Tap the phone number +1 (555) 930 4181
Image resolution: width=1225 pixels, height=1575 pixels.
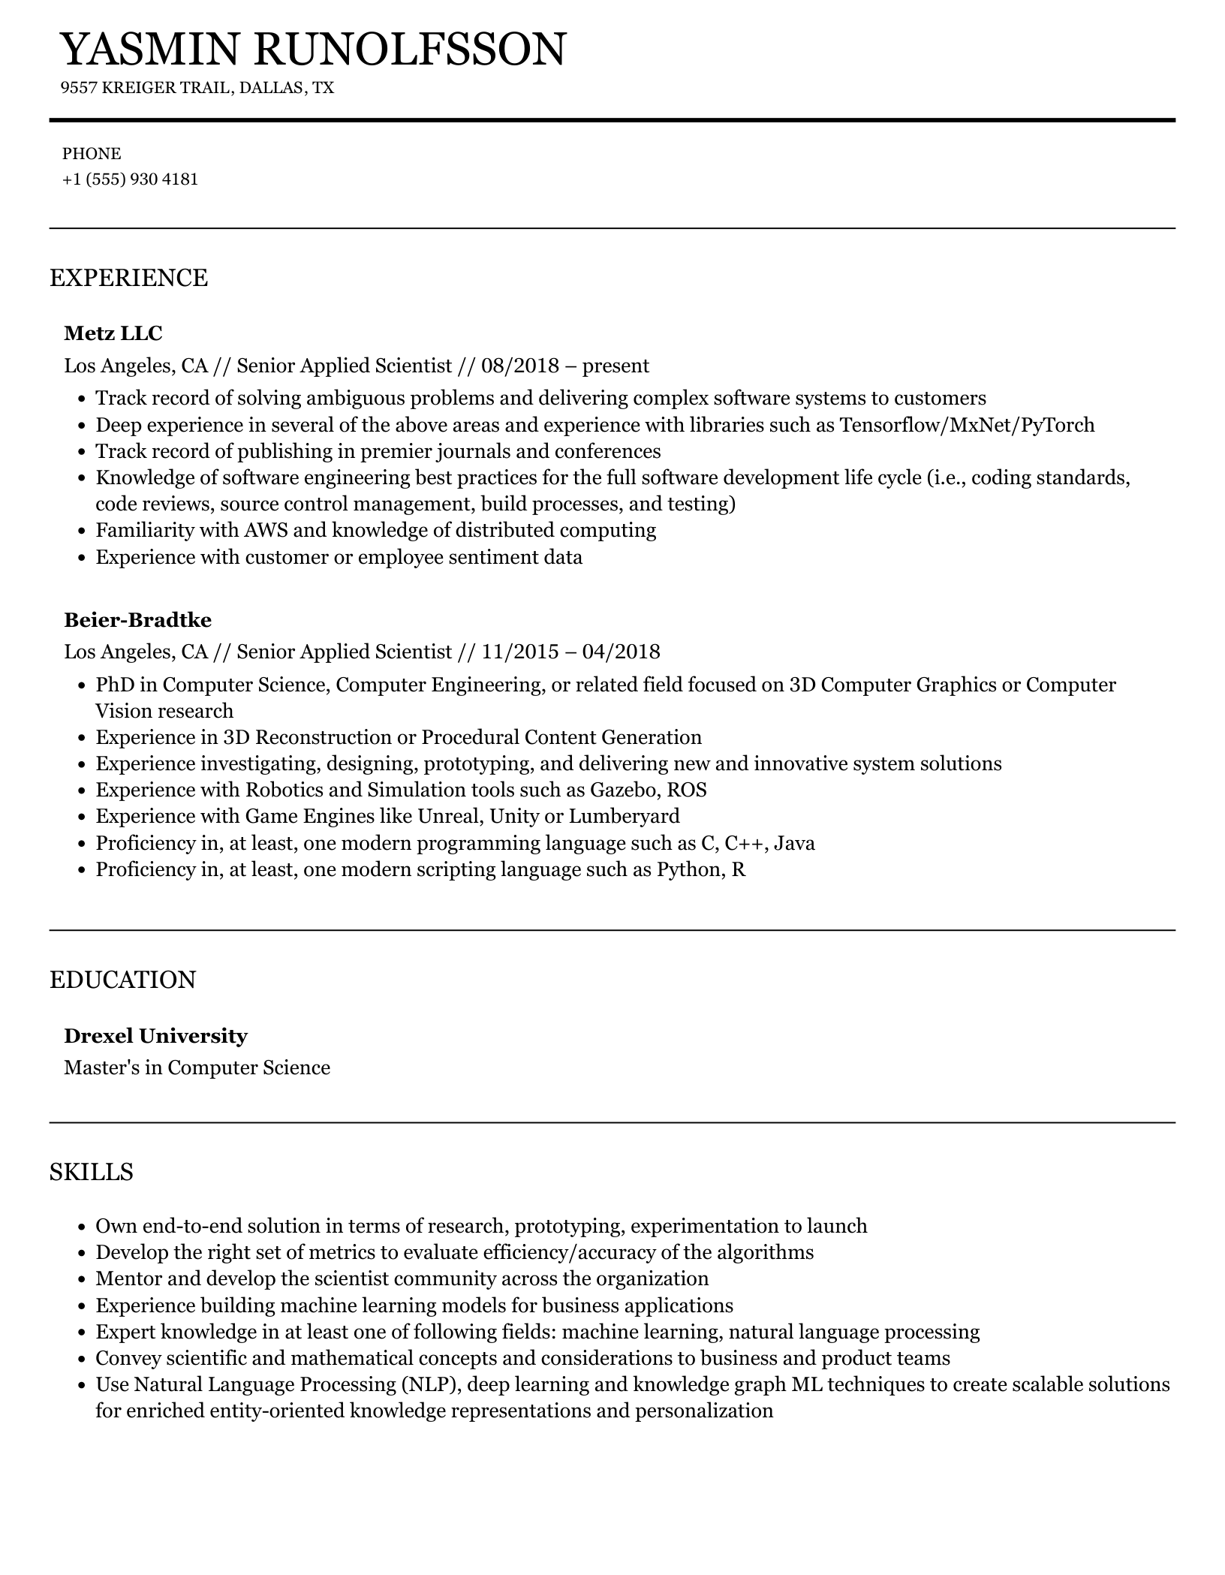pos(130,179)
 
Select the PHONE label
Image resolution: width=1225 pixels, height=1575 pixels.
pos(92,154)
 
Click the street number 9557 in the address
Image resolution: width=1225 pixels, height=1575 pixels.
pos(78,88)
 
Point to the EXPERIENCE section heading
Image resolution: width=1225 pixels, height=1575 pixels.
pos(128,278)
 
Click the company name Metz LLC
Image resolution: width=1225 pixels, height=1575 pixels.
pos(113,333)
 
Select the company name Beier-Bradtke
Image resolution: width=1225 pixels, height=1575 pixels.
pos(137,619)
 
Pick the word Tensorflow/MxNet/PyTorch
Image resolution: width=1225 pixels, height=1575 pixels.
pos(966,425)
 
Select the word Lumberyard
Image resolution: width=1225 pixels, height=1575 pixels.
pos(624,816)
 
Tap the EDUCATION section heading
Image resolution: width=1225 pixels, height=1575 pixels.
pos(122,980)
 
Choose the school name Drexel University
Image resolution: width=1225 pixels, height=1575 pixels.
pos(155,1036)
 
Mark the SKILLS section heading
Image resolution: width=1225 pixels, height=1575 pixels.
pos(91,1172)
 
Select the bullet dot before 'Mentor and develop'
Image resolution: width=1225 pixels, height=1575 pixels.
pos(83,1279)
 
